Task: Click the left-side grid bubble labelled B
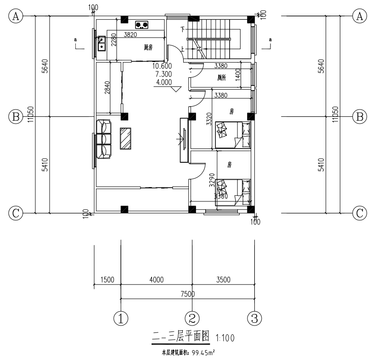coord(16,117)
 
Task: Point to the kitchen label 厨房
coord(148,47)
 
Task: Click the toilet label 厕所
coord(222,78)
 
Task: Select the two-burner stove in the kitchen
coord(142,24)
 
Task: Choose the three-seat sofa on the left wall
coord(104,139)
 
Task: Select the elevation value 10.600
coord(164,66)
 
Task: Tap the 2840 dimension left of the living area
coord(107,88)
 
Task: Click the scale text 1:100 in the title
coord(225,338)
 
